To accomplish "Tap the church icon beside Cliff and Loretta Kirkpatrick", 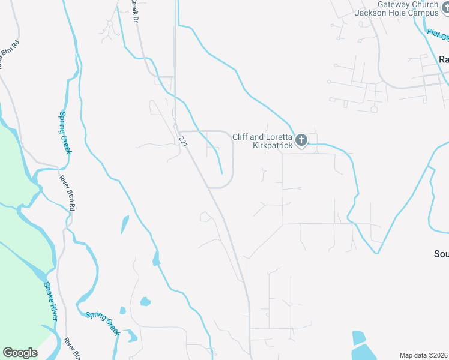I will click(301, 140).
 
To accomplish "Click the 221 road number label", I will click(184, 140).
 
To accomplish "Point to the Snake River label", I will click(49, 300).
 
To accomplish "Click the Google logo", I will click(20, 353).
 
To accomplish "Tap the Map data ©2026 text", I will click(424, 355).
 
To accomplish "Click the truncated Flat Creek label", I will click(438, 36).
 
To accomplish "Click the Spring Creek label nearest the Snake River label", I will click(103, 323).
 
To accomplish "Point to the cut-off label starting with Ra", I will click(444, 59).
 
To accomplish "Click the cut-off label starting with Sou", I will click(441, 254).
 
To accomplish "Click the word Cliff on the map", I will click(240, 137).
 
